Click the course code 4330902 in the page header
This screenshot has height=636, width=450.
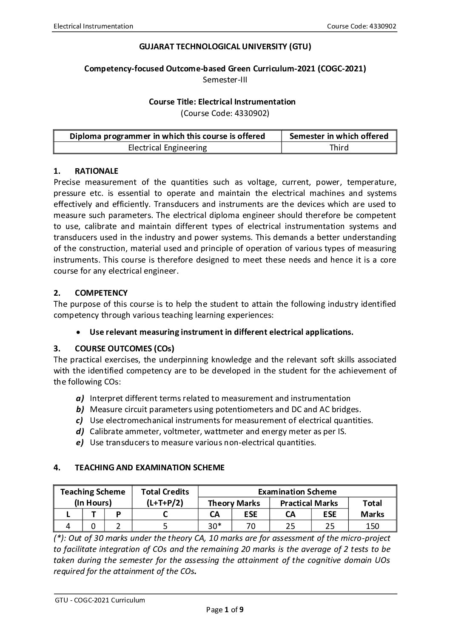(362, 26)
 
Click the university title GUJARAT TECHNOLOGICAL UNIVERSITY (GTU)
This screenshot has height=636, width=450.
(225, 47)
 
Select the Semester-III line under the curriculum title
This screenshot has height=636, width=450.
(225, 79)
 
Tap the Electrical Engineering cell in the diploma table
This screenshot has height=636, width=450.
(167, 148)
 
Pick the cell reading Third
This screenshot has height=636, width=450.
(339, 148)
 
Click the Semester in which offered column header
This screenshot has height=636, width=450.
(339, 136)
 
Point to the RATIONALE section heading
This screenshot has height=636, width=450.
(96, 171)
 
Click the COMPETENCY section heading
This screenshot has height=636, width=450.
(101, 293)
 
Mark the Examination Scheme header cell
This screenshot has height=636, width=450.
(297, 492)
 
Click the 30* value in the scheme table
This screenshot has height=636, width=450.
(215, 526)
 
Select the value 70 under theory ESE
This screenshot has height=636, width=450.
(251, 526)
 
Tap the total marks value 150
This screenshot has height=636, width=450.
(372, 526)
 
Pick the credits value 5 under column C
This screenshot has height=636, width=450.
(165, 526)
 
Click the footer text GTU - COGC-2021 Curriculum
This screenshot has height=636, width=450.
(100, 600)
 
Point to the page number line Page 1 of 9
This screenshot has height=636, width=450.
(225, 610)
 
